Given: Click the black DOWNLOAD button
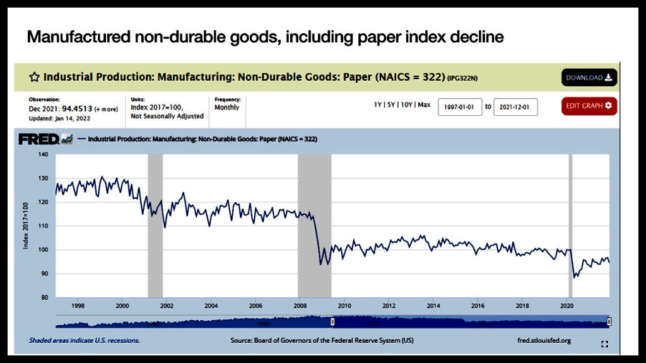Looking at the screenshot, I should click(x=589, y=78).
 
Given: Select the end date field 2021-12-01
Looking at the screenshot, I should click(x=515, y=107).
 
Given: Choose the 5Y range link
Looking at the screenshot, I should click(x=391, y=105).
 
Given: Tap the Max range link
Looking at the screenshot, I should click(x=424, y=105).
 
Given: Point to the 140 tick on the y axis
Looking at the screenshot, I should click(x=43, y=154).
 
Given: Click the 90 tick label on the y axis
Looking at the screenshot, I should click(x=44, y=274).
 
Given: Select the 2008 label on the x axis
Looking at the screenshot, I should click(x=300, y=306).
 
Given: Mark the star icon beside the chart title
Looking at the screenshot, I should click(x=35, y=78).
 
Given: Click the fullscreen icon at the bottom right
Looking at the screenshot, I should click(x=604, y=344).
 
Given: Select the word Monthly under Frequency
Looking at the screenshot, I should click(x=227, y=108).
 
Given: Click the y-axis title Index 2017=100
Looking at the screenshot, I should click(x=26, y=226).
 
